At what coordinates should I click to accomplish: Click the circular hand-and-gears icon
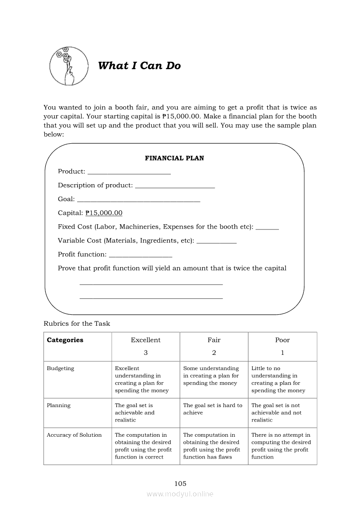coord(67,66)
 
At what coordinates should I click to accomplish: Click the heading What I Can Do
coord(139,66)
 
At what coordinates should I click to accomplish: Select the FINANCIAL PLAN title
coord(174,158)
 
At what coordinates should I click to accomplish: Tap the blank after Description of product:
coord(175,186)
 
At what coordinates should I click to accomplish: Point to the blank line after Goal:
coord(138,200)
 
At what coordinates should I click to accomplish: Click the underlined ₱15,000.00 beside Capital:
coord(104,213)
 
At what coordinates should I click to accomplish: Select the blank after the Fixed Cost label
coord(267,228)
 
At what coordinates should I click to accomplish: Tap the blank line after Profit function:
coord(140,256)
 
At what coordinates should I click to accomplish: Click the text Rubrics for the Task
coord(77,324)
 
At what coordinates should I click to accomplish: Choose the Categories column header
coord(65,340)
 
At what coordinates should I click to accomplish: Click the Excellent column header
coord(146,340)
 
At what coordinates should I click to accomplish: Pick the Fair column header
coord(214,340)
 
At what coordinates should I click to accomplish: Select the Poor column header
coord(282,340)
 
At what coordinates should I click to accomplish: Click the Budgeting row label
coord(61,368)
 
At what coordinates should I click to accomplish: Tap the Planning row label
coord(58,405)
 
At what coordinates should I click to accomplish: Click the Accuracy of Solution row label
coord(74,435)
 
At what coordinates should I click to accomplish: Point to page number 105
coord(180,483)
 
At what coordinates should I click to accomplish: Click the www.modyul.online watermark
coord(180,494)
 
